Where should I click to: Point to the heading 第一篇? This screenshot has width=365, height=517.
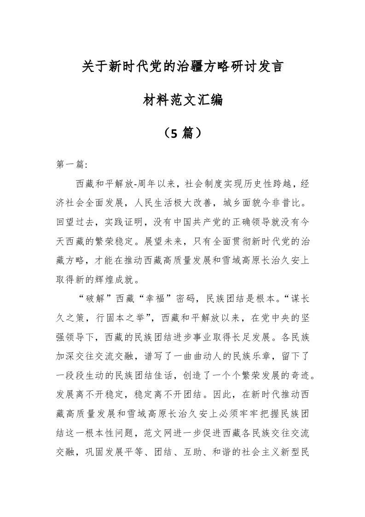tap(66, 164)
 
